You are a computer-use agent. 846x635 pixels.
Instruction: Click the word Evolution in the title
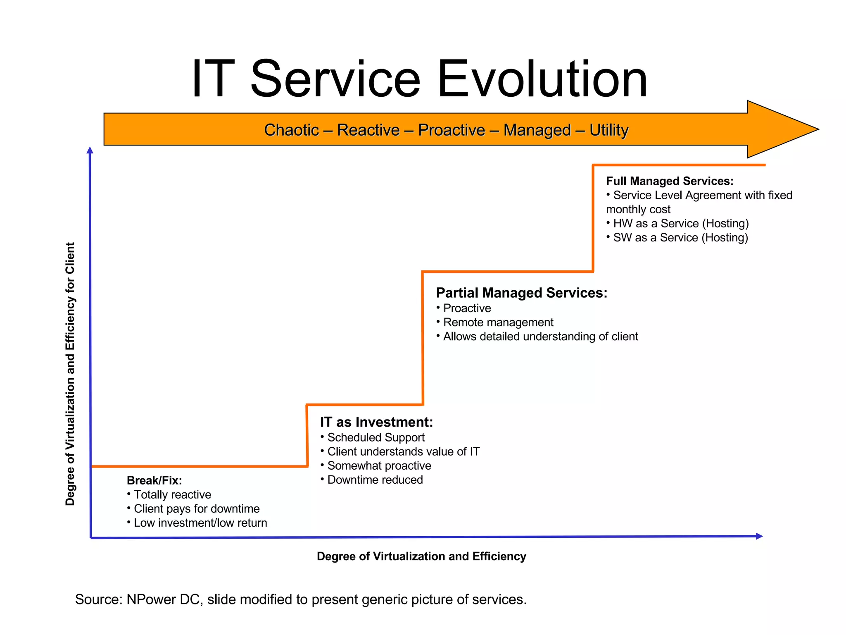(542, 79)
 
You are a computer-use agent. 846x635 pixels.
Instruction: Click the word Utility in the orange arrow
(608, 130)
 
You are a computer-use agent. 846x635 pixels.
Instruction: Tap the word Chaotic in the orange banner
(291, 130)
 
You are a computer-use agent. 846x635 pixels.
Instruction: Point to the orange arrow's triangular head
(777, 129)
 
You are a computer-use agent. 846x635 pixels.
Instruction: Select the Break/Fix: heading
(154, 480)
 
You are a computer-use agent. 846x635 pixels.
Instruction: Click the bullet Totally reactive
(172, 494)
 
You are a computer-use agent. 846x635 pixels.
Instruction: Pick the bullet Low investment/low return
(200, 523)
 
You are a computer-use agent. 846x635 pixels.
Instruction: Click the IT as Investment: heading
(376, 422)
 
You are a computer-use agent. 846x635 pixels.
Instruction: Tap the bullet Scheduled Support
(375, 437)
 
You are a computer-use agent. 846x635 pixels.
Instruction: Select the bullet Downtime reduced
(375, 480)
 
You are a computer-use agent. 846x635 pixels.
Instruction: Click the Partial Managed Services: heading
(521, 293)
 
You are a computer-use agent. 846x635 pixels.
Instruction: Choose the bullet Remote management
(498, 322)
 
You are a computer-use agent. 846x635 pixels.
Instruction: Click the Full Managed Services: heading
(669, 181)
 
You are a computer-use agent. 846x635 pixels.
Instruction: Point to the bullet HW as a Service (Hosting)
(680, 224)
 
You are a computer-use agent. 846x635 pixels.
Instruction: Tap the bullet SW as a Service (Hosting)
(680, 238)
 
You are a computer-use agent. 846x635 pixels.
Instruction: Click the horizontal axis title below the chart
(421, 556)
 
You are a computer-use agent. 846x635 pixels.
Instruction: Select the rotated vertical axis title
(70, 374)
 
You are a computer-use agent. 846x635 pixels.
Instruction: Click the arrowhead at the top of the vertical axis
(90, 150)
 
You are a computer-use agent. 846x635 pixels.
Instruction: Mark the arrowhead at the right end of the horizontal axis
(759, 536)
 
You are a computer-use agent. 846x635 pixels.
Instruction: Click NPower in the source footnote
(151, 599)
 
